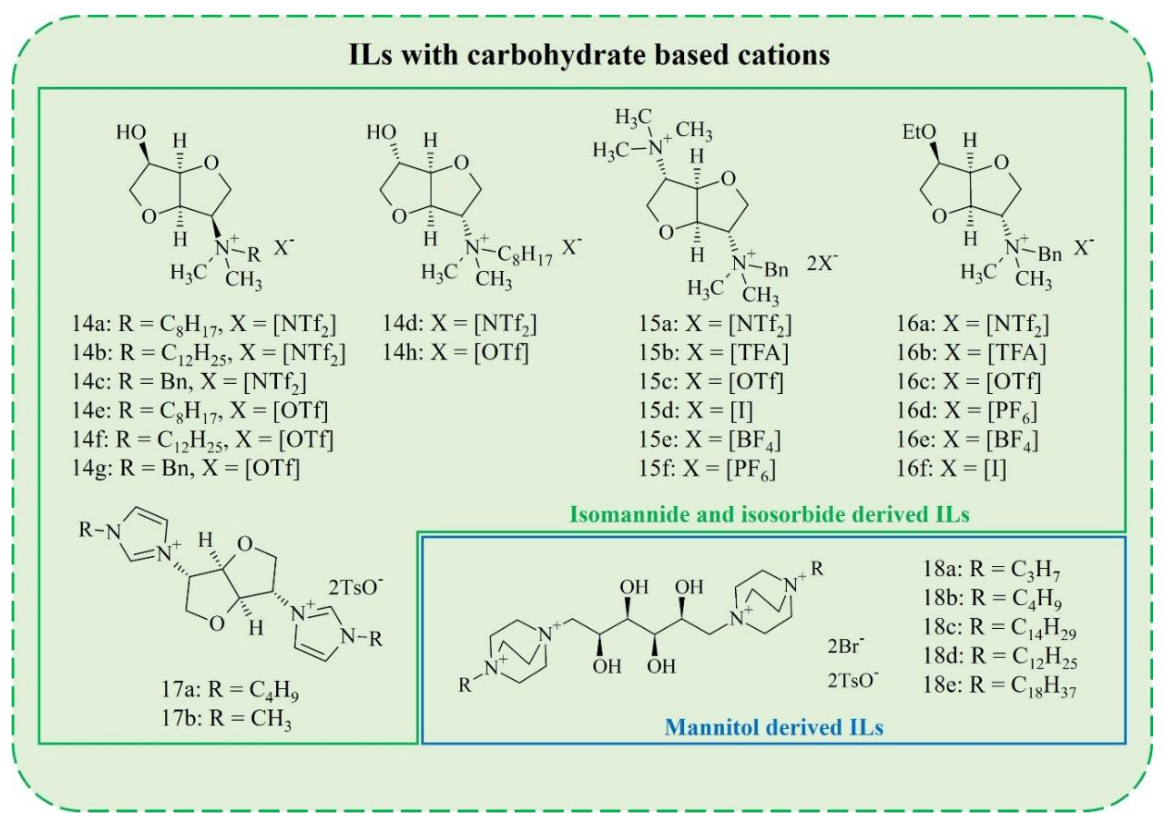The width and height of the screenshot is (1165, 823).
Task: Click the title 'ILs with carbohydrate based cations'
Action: (589, 55)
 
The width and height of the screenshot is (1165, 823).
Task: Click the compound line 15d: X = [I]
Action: (696, 410)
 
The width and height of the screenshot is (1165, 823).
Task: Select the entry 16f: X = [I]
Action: (951, 468)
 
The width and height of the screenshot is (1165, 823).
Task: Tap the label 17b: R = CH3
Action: (226, 719)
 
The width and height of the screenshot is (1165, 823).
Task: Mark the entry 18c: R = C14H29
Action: (999, 628)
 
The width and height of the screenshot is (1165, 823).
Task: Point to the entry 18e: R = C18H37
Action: (999, 686)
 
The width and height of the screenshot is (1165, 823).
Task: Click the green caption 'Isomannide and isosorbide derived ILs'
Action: (769, 514)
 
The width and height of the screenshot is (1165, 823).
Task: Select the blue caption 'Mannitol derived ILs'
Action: (774, 727)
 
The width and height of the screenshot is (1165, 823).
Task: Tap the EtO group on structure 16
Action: (919, 133)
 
